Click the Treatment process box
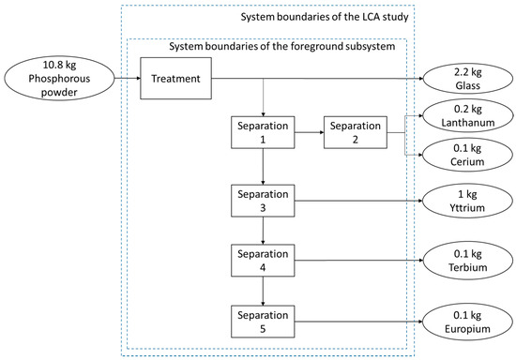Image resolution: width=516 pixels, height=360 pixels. (175, 78)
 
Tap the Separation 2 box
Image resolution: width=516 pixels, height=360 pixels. (353, 133)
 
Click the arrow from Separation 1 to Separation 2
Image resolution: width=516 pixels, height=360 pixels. (308, 133)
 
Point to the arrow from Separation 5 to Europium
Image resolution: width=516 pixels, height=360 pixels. (357, 321)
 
